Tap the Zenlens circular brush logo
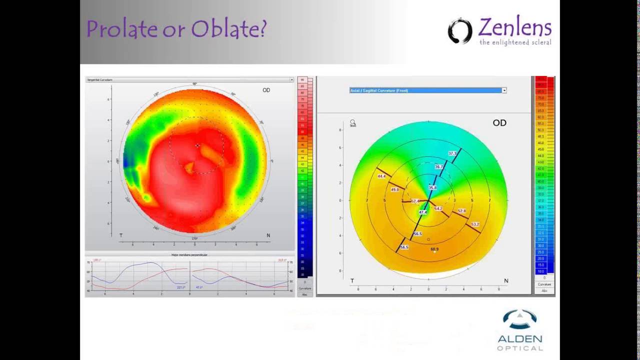point(459,31)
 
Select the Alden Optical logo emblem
point(520,319)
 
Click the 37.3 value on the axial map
point(452,153)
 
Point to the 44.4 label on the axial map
point(381,176)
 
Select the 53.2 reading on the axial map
point(475,224)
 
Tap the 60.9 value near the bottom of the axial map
point(434,249)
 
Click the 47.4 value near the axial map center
point(423,212)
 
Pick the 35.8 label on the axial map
point(432,188)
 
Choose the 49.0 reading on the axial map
point(395,190)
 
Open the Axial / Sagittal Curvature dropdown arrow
point(504,90)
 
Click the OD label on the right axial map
point(499,123)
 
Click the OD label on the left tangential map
point(266,90)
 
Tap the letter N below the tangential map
point(268,235)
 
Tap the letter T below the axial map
point(352,281)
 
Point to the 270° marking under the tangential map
point(194,238)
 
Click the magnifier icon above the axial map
point(352,122)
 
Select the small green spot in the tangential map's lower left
point(146,198)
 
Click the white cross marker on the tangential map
point(197,146)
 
